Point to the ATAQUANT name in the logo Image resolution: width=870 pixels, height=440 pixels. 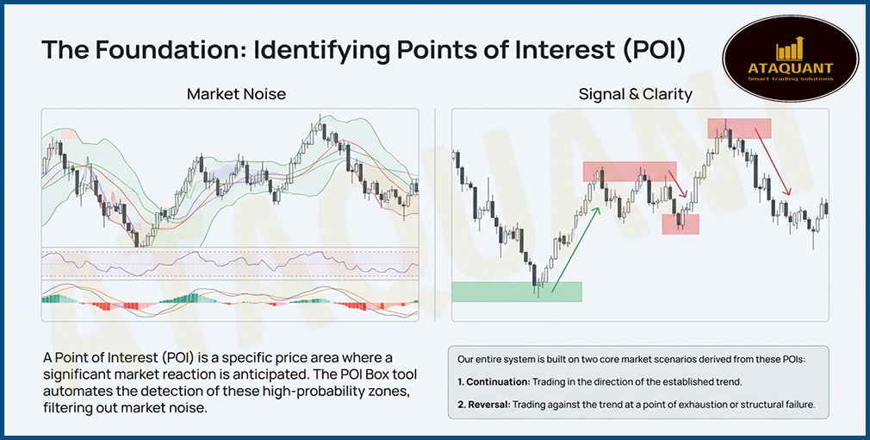pyautogui.click(x=791, y=67)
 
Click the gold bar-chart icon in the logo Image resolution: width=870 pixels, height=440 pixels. pyautogui.click(x=791, y=48)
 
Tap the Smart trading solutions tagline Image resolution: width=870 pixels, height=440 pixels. pyautogui.click(x=791, y=79)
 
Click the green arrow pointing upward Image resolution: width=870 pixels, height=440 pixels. pyautogui.click(x=575, y=245)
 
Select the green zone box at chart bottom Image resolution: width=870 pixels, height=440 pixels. pyautogui.click(x=516, y=292)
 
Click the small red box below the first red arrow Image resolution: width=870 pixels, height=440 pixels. pyautogui.click(x=680, y=224)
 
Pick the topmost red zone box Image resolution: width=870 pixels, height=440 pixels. pyautogui.click(x=739, y=128)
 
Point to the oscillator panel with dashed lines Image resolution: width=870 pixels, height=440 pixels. pyautogui.click(x=229, y=263)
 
